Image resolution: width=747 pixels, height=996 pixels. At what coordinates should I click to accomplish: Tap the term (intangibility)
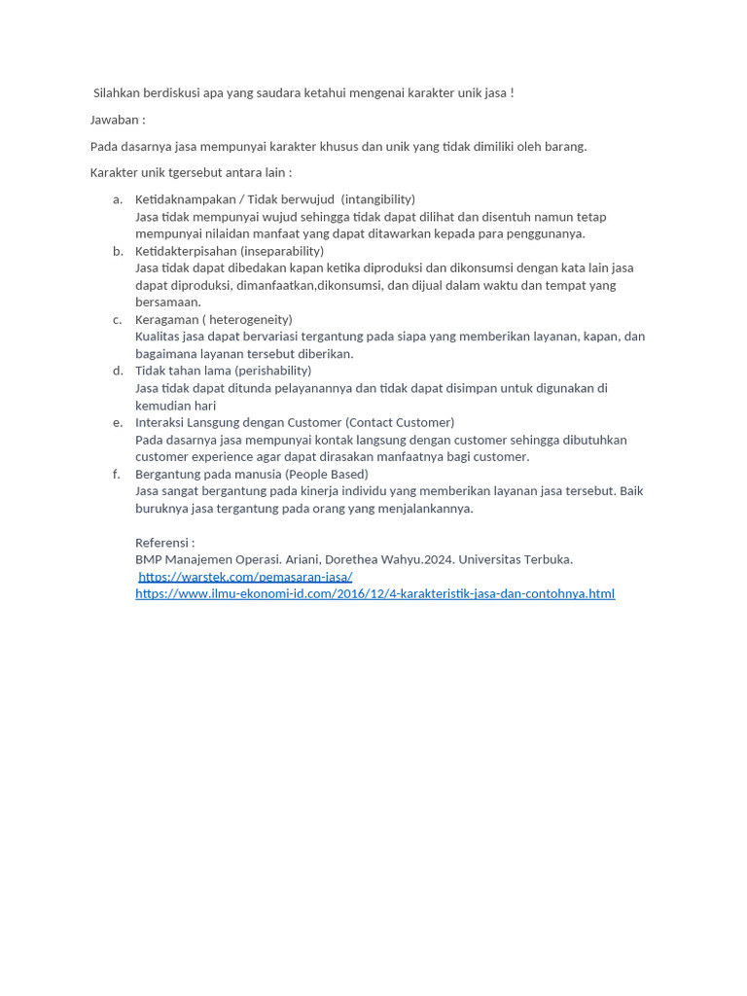coord(378,199)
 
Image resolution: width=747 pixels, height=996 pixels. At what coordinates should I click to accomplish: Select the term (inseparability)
coord(282,251)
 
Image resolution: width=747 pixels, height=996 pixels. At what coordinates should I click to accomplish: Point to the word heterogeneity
coord(250,319)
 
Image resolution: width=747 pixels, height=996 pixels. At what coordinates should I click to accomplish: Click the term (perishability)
coord(273,371)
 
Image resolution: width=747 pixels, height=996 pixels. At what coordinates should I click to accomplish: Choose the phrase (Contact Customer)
coord(400,422)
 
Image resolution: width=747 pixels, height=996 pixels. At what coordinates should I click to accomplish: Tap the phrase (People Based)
coord(327,474)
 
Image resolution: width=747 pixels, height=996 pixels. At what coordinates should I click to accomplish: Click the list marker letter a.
coord(118,199)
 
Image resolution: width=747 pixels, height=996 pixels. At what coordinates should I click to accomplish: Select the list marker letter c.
coord(118,319)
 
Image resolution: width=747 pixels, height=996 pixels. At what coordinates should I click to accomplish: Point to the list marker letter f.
coord(117,474)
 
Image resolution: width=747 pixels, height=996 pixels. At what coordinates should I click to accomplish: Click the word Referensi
coord(163,543)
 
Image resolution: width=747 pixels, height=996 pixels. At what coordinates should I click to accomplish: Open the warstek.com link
coord(245,577)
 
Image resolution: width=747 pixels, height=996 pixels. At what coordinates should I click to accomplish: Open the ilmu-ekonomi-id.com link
coord(374,593)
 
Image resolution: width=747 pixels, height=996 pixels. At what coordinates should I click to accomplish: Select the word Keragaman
coord(165,319)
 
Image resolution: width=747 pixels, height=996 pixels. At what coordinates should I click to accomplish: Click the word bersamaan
coord(167,302)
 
